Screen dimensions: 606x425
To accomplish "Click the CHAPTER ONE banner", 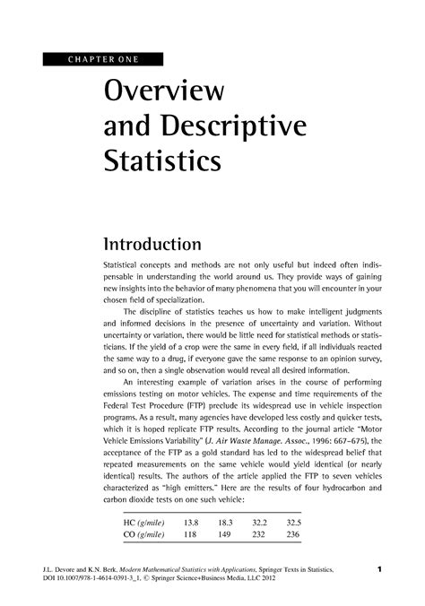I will [100, 60].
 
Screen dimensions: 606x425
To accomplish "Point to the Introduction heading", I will [152, 244].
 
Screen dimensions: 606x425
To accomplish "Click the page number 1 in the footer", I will [381, 569].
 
